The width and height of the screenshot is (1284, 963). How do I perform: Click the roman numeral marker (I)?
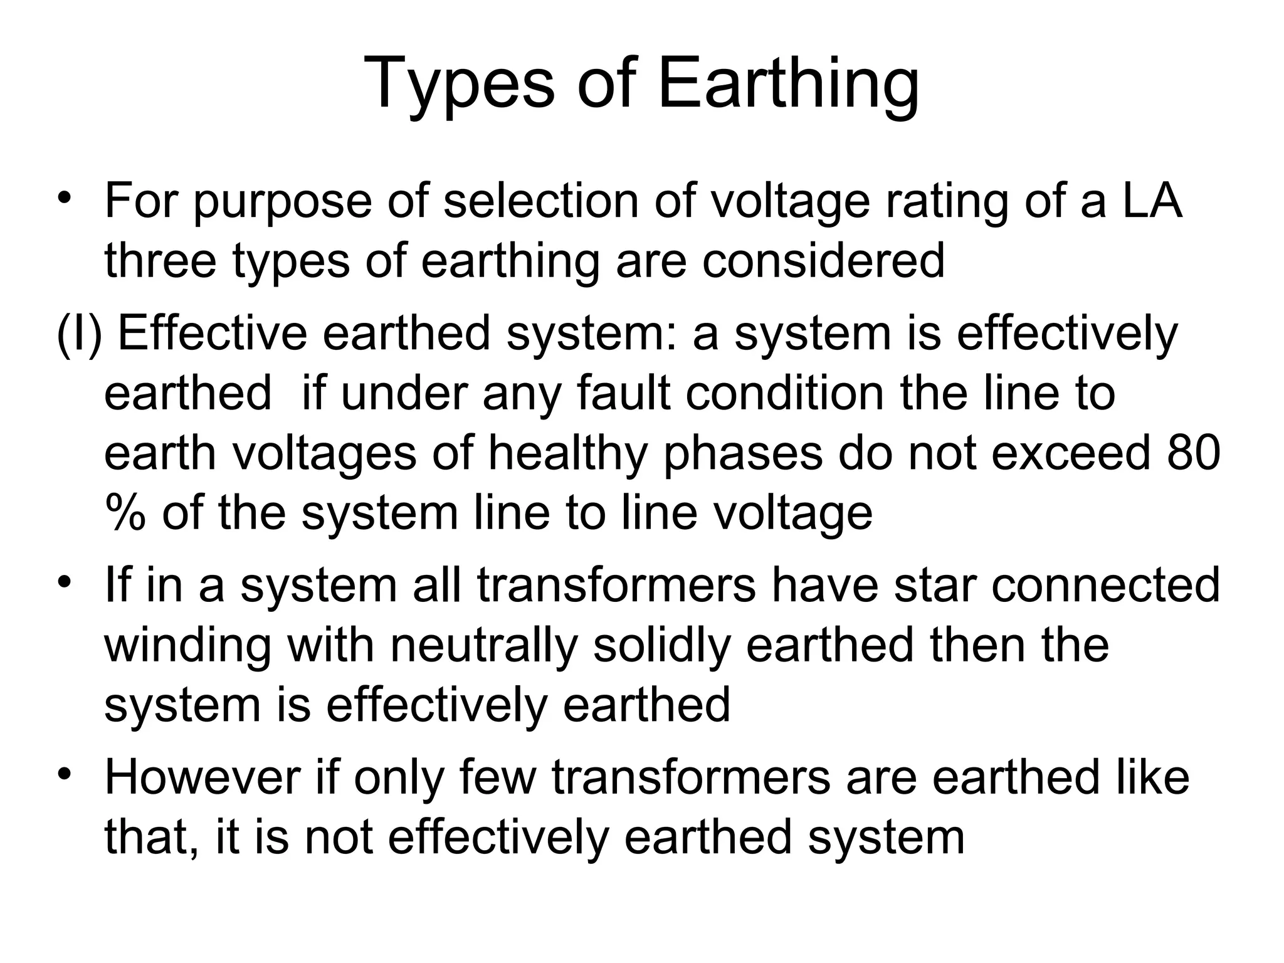79,334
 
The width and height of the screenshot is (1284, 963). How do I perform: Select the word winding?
187,645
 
